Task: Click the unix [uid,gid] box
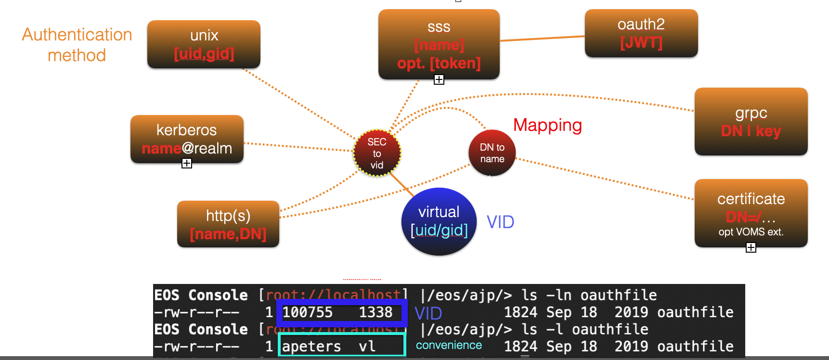click(x=204, y=44)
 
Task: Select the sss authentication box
click(x=439, y=44)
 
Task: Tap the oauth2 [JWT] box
click(x=641, y=33)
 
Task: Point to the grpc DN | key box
click(x=751, y=121)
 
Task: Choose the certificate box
click(x=751, y=213)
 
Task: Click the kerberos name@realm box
click(x=187, y=139)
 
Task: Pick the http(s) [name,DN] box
click(x=228, y=224)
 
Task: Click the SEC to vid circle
click(x=377, y=153)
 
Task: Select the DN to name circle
click(x=492, y=153)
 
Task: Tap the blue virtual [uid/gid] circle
click(x=439, y=221)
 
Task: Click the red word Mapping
click(x=547, y=125)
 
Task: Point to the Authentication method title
click(x=77, y=45)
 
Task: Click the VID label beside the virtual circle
click(x=500, y=222)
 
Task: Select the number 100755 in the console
click(x=307, y=312)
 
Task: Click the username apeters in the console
click(x=311, y=347)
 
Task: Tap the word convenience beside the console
click(x=449, y=345)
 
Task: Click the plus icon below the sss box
click(x=439, y=80)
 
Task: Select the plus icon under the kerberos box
click(x=187, y=164)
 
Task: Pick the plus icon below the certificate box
click(x=751, y=247)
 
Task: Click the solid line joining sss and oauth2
click(x=542, y=39)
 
